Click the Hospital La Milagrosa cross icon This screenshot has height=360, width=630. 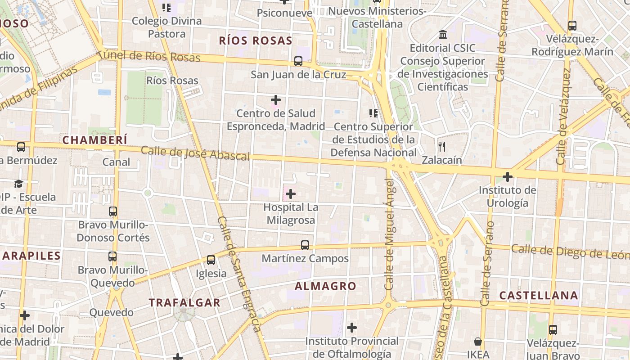click(x=291, y=194)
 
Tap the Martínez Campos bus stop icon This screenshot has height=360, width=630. click(x=305, y=245)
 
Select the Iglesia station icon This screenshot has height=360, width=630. click(x=211, y=260)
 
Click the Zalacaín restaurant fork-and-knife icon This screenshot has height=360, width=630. click(x=442, y=146)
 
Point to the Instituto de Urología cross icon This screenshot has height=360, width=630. click(x=508, y=177)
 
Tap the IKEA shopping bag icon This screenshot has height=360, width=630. click(x=478, y=342)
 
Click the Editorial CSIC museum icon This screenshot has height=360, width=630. click(x=443, y=35)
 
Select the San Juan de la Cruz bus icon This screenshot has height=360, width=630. click(x=298, y=61)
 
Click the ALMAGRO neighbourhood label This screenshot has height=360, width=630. click(x=325, y=286)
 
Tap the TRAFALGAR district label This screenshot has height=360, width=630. click(x=185, y=303)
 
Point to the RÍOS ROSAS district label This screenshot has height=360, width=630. click(x=256, y=40)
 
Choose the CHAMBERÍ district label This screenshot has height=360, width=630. click(x=95, y=140)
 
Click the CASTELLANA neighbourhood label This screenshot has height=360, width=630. click(x=539, y=296)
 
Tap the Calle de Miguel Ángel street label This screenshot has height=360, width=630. click(x=390, y=234)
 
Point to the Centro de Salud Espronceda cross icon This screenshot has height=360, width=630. click(x=276, y=99)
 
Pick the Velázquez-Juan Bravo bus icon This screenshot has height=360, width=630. click(x=553, y=330)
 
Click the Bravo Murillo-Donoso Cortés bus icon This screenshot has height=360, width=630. click(x=113, y=211)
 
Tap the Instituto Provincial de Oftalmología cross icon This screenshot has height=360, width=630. click(x=352, y=327)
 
